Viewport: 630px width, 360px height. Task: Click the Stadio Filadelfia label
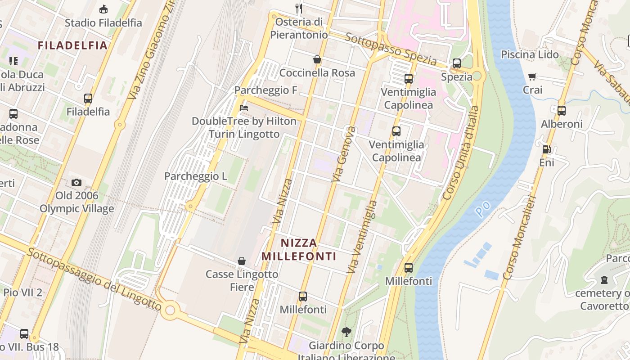[x=103, y=22]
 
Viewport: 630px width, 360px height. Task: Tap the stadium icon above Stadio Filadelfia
[x=103, y=9]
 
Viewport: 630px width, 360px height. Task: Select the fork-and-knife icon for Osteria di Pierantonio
[x=298, y=8]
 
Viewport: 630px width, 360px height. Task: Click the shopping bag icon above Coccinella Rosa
[x=317, y=59]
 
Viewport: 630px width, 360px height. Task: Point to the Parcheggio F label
[x=266, y=90]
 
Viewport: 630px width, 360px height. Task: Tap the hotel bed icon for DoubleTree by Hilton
[x=244, y=108]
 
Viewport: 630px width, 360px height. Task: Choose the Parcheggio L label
[x=196, y=176]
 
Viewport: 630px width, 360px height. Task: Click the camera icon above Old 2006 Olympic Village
[x=76, y=182]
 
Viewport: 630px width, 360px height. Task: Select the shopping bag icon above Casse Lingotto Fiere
[x=242, y=261]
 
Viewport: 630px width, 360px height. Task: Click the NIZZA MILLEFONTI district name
[x=299, y=250]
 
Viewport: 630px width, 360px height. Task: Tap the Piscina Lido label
[x=530, y=54]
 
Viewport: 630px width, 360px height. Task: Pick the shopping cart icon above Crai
[x=532, y=77]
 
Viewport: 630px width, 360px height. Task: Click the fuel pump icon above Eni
[x=546, y=149]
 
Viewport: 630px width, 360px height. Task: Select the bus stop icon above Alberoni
[x=561, y=110]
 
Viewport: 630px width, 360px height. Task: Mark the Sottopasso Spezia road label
[x=391, y=49]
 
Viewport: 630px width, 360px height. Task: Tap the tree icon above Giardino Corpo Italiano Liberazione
[x=346, y=333]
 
